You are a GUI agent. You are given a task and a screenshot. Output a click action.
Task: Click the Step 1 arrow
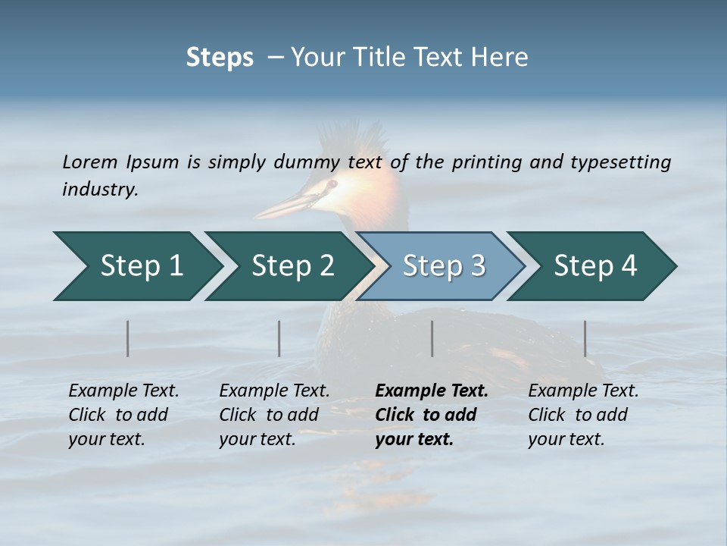(x=136, y=266)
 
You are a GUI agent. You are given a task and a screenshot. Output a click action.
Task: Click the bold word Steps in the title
(x=220, y=58)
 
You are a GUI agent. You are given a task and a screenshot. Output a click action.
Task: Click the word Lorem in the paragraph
(x=90, y=162)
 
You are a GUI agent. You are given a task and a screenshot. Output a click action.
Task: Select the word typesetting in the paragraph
(x=620, y=162)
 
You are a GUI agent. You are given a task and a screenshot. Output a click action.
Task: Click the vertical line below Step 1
(x=128, y=338)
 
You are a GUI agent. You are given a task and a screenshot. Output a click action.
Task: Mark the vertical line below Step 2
(x=279, y=338)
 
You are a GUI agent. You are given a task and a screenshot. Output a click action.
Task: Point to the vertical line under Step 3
(x=432, y=338)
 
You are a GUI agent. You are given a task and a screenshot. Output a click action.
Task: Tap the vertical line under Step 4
(x=585, y=338)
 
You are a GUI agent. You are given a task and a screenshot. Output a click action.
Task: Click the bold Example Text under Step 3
(x=432, y=391)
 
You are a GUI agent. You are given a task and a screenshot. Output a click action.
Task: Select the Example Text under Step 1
(x=123, y=391)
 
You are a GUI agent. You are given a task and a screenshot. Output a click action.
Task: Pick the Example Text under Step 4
(x=583, y=391)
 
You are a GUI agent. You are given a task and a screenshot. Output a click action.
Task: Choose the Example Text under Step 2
(x=274, y=391)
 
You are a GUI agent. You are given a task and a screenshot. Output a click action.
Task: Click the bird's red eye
(x=331, y=184)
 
